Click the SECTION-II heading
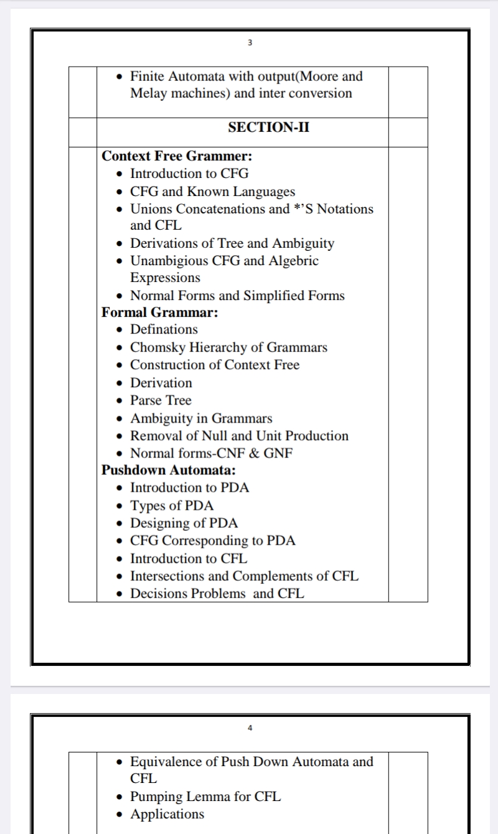coord(268,128)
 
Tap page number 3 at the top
coord(250,43)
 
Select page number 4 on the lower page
coord(250,728)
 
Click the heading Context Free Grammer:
coord(177,156)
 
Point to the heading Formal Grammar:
coord(160,312)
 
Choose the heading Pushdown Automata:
coord(169,471)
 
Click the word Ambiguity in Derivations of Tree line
coord(304,243)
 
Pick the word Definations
coord(164,329)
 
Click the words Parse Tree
coord(161,400)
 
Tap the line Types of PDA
coord(172,505)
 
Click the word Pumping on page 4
coord(155,797)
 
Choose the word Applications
coord(167,814)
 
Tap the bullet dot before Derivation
coord(120,383)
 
